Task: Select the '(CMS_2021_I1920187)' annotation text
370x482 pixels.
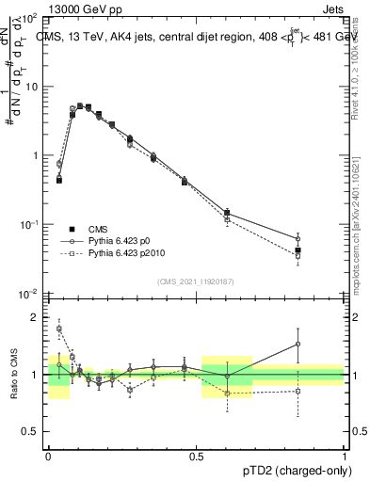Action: pos(195,281)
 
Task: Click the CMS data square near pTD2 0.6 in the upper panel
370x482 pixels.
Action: pos(227,213)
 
